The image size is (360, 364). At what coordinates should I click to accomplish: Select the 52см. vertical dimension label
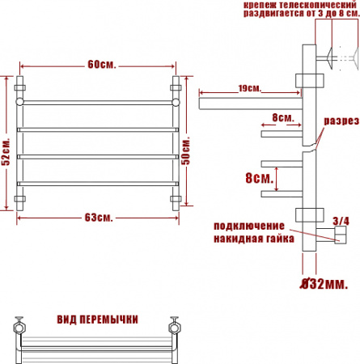click(6, 151)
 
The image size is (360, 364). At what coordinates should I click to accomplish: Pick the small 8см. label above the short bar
click(283, 118)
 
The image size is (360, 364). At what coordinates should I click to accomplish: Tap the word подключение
click(249, 224)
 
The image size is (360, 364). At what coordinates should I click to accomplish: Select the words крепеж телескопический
click(296, 6)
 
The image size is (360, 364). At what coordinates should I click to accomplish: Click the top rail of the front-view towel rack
click(97, 103)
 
